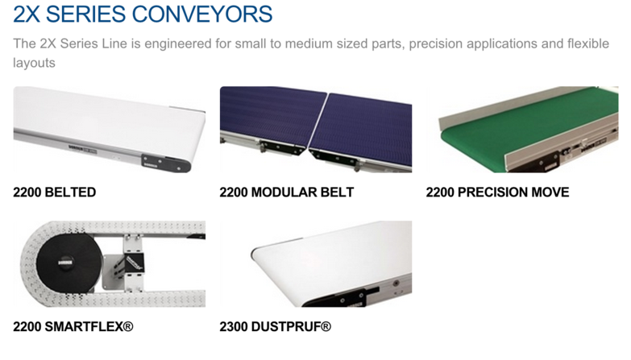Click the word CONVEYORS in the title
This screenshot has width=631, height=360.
tap(202, 14)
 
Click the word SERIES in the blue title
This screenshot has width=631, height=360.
tap(85, 14)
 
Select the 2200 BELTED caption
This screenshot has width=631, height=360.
tap(54, 192)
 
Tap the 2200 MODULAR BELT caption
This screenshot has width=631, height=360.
tap(287, 192)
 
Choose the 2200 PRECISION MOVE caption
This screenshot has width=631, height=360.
tap(497, 192)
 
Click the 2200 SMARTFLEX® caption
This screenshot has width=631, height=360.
tap(73, 327)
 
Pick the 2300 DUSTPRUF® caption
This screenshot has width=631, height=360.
tap(276, 327)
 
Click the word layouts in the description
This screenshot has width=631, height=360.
tap(34, 63)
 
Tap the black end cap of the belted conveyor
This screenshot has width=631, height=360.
tap(166, 163)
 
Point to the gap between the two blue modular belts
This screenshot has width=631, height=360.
tap(318, 120)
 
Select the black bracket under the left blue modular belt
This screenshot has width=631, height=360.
tap(282, 147)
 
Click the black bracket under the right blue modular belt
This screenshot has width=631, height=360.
tap(334, 158)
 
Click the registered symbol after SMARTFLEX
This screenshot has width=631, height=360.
tap(128, 326)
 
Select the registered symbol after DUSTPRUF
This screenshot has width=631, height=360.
tap(326, 326)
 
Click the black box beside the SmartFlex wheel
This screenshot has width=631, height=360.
tap(132, 263)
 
